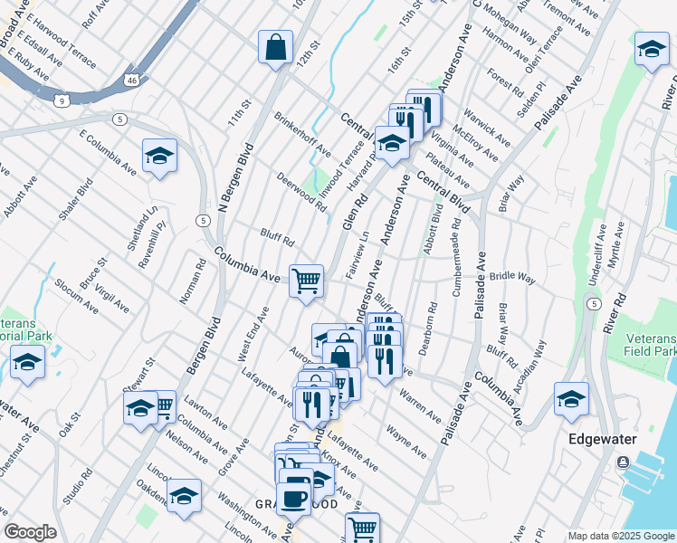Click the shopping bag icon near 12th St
[x=275, y=48]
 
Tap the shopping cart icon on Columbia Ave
[x=307, y=281]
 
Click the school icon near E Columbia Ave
[x=159, y=156]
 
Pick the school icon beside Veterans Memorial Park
[x=28, y=364]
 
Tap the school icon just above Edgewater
[x=572, y=398]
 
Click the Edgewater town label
[x=602, y=439]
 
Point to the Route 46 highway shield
[x=133, y=80]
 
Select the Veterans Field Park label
[x=651, y=344]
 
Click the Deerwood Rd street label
[x=301, y=192]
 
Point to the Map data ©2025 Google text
[x=621, y=536]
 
